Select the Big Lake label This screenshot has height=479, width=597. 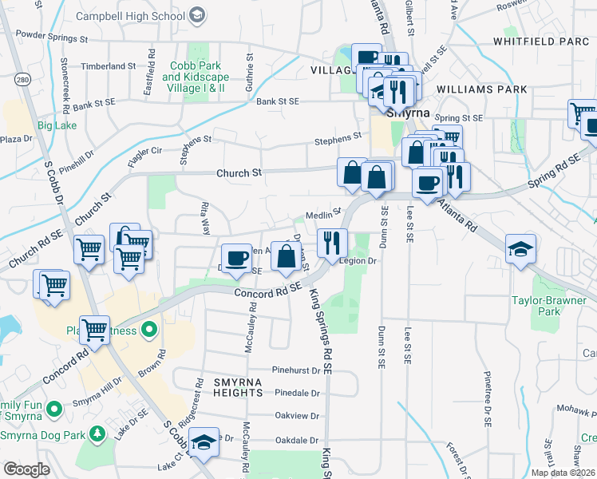(x=57, y=125)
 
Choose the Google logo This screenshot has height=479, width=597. (x=26, y=469)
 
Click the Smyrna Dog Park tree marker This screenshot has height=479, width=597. (x=97, y=433)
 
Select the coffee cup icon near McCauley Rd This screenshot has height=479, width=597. (x=235, y=259)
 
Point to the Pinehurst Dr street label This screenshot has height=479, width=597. (x=295, y=370)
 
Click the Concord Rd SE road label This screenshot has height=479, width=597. (x=267, y=292)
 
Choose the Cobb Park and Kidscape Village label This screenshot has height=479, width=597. (x=194, y=77)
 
